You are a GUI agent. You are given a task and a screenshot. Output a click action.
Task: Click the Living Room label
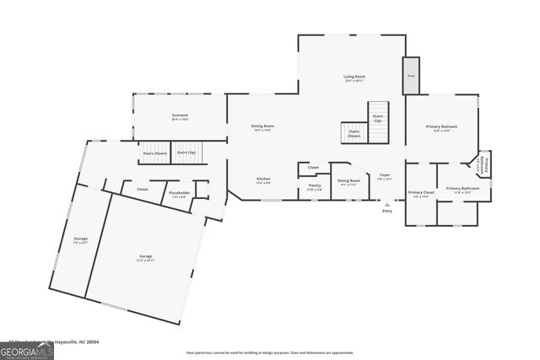point(354,78)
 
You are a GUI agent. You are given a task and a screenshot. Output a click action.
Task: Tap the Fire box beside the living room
point(411,76)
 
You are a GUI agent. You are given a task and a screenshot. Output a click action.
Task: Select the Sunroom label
point(180,116)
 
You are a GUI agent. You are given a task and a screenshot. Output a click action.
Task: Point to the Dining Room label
point(262,126)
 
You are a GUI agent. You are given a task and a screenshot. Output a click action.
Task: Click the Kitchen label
point(263,179)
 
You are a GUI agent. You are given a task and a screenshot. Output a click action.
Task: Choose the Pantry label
point(314,185)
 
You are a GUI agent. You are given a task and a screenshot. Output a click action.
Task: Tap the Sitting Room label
point(349,180)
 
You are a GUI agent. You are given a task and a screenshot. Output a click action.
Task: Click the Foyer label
point(384,175)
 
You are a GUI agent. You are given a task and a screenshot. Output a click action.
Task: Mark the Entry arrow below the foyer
point(386,204)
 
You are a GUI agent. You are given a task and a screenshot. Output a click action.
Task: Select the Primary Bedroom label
point(441,126)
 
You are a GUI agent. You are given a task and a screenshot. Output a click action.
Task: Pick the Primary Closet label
point(421,193)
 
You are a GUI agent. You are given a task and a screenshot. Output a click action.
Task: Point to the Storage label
point(80,239)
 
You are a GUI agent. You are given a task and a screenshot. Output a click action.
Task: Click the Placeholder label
point(179,193)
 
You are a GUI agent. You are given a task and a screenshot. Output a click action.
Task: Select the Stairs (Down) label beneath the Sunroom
point(154,153)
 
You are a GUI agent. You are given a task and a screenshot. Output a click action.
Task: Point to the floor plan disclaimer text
point(270,352)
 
